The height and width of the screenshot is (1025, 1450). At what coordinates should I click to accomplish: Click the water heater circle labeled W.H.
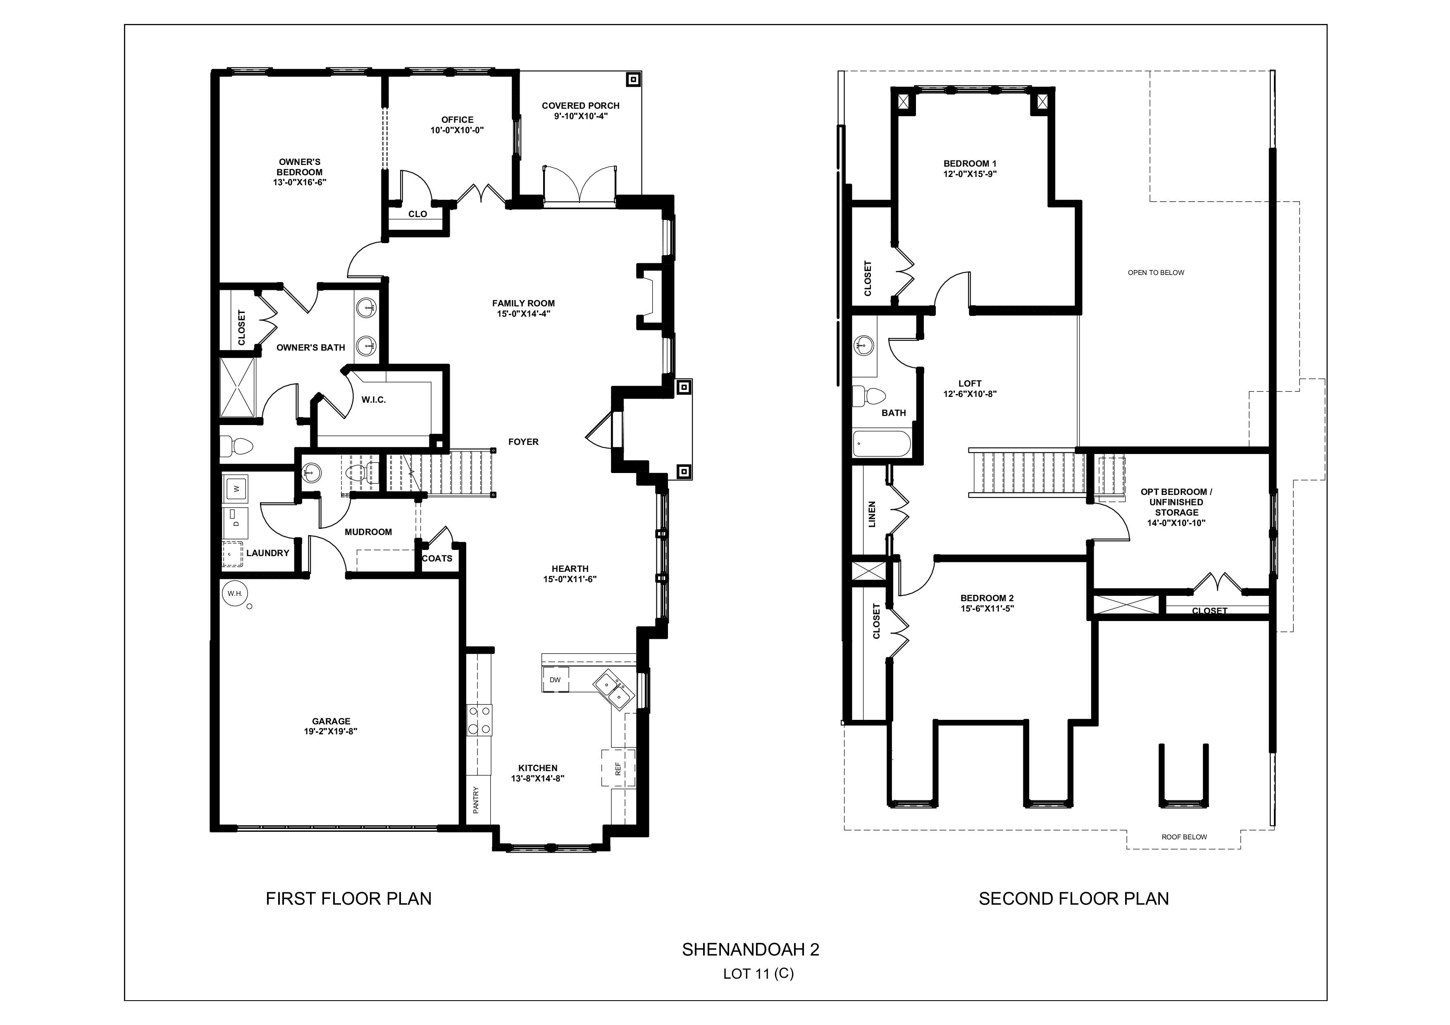click(x=235, y=594)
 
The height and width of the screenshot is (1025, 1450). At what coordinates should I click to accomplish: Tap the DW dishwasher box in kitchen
click(x=555, y=680)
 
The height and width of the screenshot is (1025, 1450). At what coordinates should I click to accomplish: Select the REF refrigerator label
click(x=618, y=769)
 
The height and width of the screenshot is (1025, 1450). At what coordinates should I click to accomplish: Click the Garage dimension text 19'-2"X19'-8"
click(x=331, y=731)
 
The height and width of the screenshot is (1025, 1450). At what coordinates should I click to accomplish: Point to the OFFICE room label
click(x=457, y=119)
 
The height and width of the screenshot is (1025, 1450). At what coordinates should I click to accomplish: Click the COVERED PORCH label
click(x=580, y=105)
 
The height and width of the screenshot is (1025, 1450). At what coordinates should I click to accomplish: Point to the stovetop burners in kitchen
click(x=479, y=720)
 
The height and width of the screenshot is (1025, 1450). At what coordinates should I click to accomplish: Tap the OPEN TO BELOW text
click(x=1156, y=273)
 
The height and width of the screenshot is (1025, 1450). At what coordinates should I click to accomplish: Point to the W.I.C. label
click(x=373, y=400)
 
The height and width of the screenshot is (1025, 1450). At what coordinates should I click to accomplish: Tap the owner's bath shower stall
click(x=237, y=387)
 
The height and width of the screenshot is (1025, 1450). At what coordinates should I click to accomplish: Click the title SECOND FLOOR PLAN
click(x=1073, y=899)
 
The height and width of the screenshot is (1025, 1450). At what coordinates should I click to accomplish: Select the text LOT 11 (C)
click(x=758, y=974)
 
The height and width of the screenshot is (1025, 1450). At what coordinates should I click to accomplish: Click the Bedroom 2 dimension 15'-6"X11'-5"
click(x=987, y=609)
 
